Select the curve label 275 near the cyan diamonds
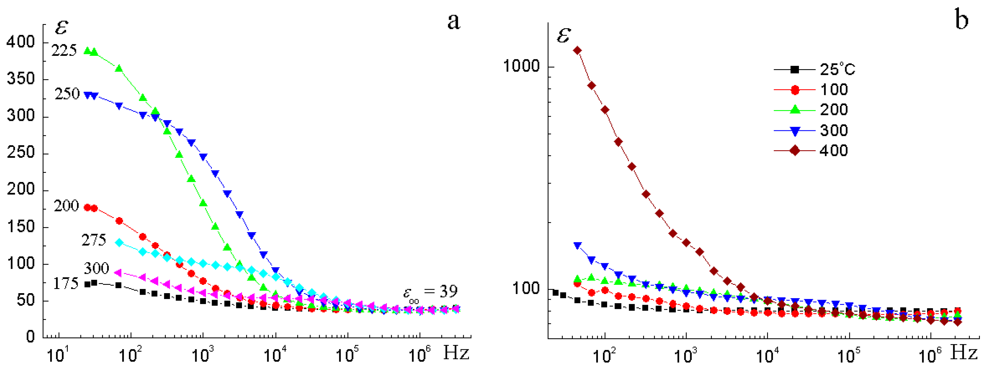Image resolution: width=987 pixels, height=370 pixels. pyautogui.click(x=94, y=240)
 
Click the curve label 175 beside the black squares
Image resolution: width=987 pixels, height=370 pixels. pyautogui.click(x=65, y=283)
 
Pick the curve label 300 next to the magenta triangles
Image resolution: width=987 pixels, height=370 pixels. pyautogui.click(x=96, y=268)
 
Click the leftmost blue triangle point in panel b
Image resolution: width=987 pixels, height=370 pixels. pyautogui.click(x=577, y=246)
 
